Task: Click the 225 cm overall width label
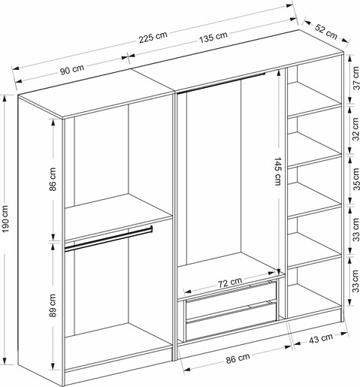[x=153, y=37]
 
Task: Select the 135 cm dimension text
[x=213, y=37]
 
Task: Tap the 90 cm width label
[x=72, y=69]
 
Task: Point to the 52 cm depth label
[x=326, y=32]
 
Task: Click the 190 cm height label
[x=5, y=219]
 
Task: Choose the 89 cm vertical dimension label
[x=53, y=305]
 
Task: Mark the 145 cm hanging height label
[x=277, y=171]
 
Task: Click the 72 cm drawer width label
[x=230, y=283]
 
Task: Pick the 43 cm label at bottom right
[x=321, y=338]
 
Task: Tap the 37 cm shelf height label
[x=356, y=78]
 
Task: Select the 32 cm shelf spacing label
[x=356, y=129]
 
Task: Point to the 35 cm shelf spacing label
[x=356, y=179]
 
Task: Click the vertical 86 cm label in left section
[x=53, y=180]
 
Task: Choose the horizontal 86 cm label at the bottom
[x=237, y=358]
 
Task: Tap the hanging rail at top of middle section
[x=221, y=83]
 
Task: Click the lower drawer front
[x=231, y=321]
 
